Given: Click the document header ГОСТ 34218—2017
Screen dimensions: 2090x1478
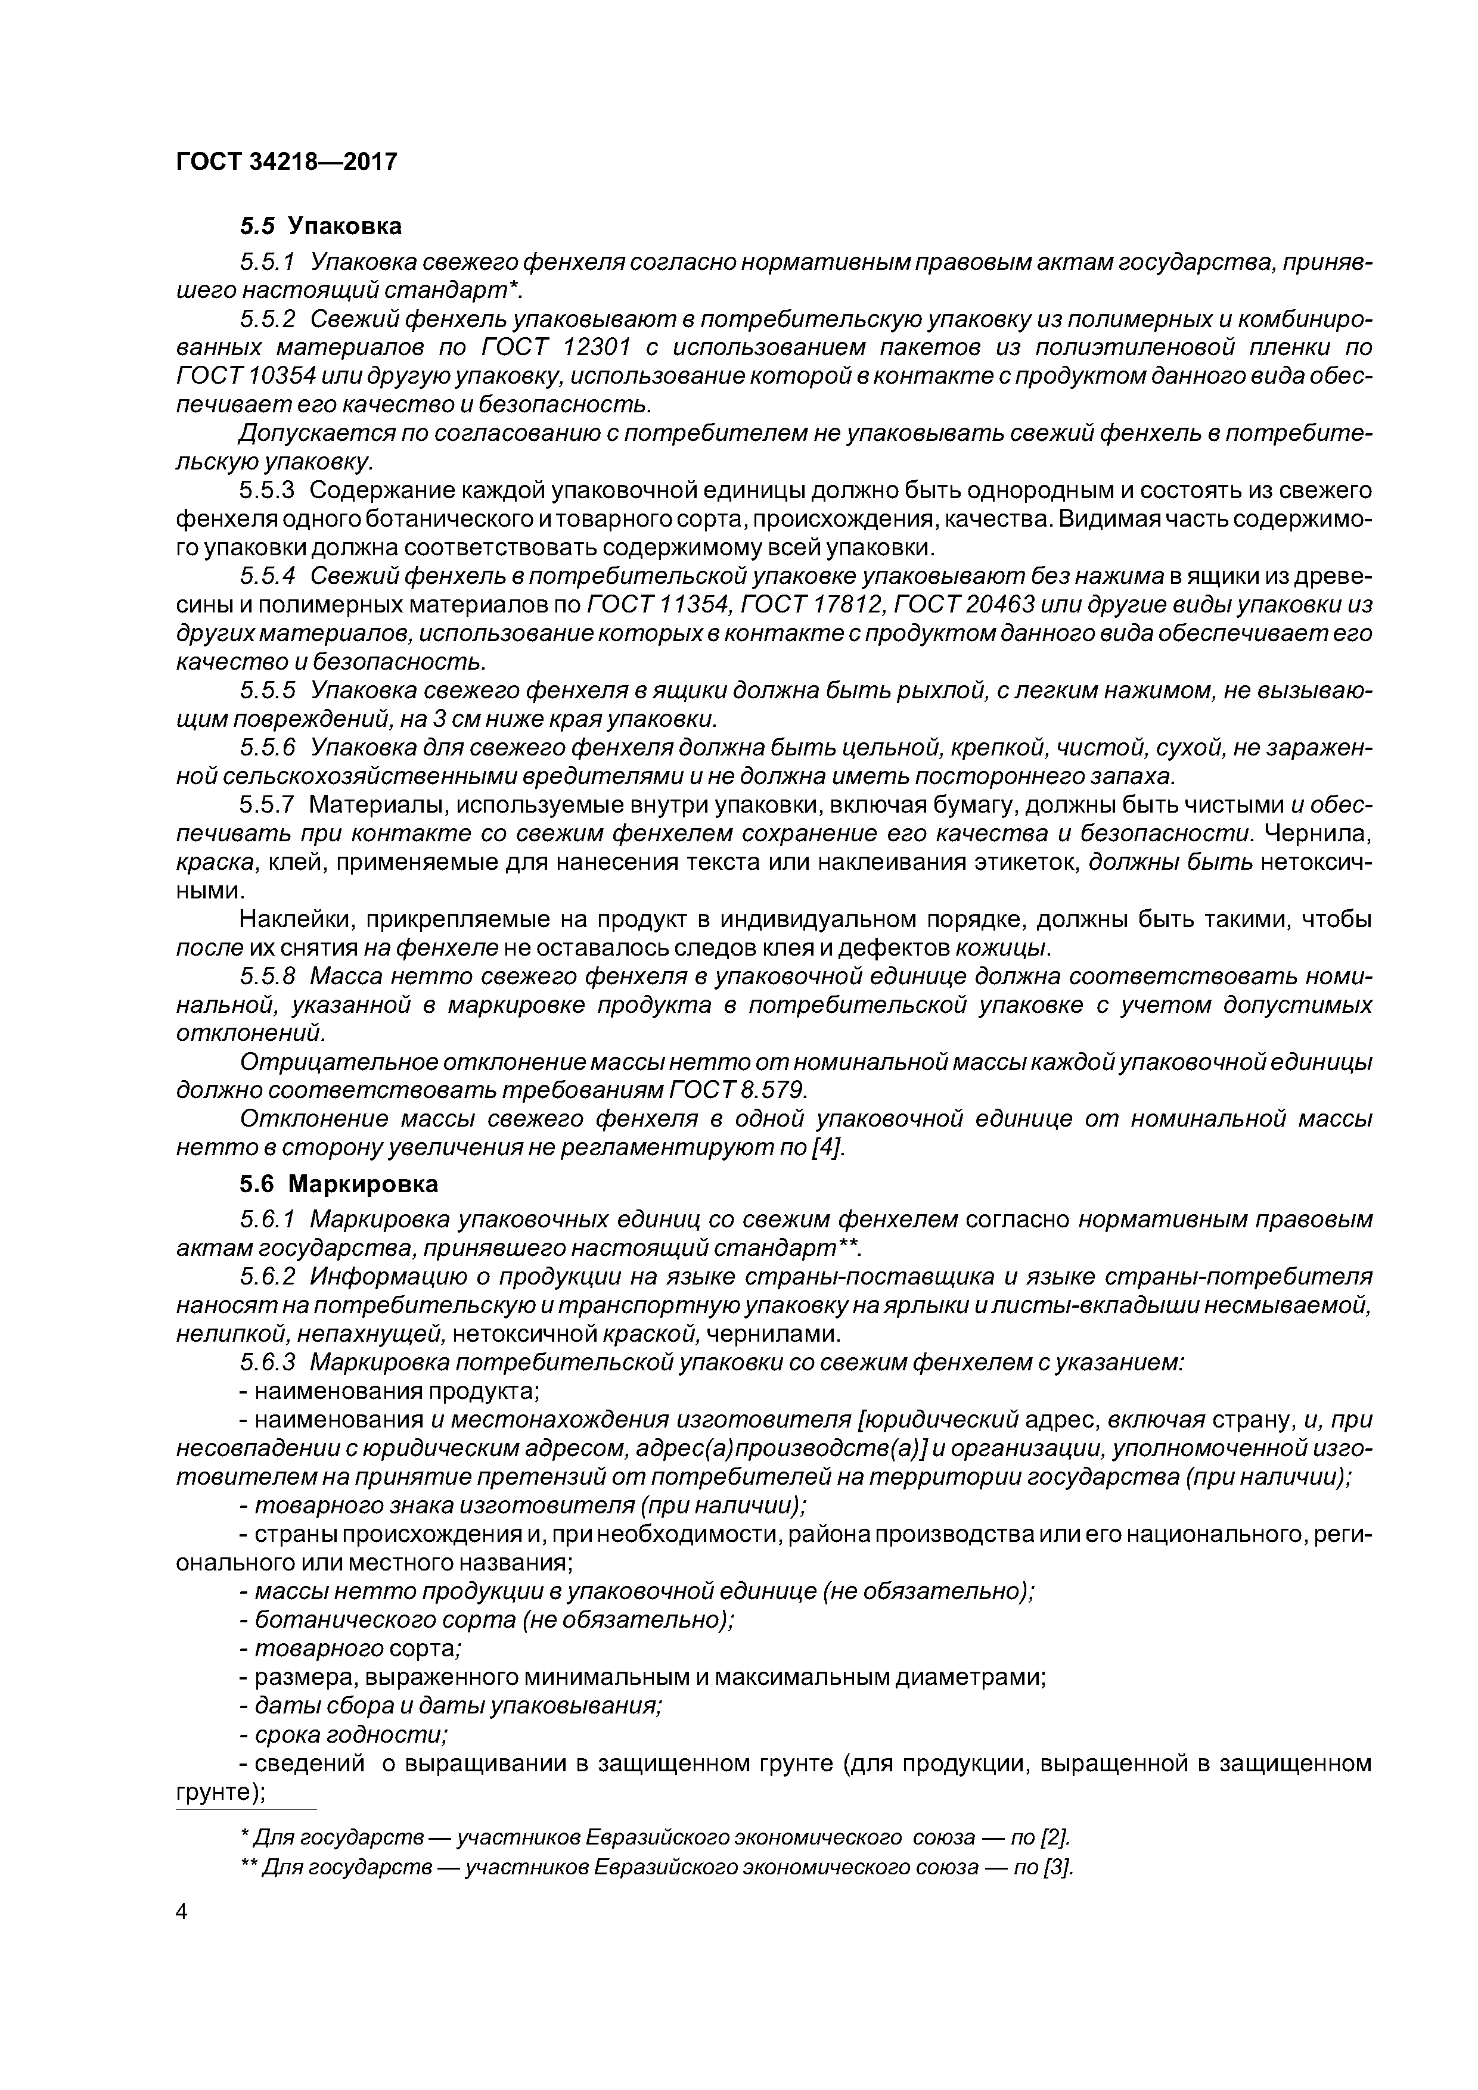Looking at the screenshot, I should click(286, 162).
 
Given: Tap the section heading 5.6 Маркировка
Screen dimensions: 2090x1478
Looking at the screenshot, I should click(339, 1184).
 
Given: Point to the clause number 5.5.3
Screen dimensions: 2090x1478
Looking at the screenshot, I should click(268, 491).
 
